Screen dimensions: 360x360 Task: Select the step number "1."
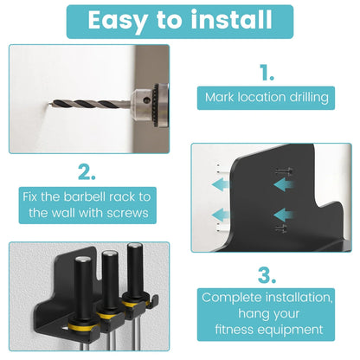point(267,72)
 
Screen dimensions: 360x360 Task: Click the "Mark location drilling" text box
point(267,97)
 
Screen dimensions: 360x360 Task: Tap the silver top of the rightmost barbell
point(133,249)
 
